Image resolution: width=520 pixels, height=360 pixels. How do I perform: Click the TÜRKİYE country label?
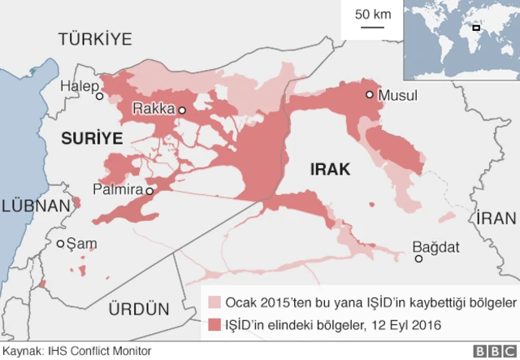point(95,39)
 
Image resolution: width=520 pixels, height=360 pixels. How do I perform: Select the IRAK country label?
point(330,169)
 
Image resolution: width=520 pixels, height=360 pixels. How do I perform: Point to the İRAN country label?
point(496,218)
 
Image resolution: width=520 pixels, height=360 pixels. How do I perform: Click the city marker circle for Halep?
point(100,96)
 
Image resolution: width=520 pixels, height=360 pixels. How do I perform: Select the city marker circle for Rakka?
point(183,110)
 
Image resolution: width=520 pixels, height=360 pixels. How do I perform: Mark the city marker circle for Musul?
point(370,95)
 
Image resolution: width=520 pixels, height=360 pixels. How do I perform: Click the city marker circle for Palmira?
point(149,191)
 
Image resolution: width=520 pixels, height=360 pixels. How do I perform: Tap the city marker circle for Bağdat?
point(418,259)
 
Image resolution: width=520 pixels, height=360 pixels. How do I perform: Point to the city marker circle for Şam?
point(60,243)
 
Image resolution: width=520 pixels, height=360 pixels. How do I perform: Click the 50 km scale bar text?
point(373,14)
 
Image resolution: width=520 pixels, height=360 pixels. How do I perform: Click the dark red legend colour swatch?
point(214,324)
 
